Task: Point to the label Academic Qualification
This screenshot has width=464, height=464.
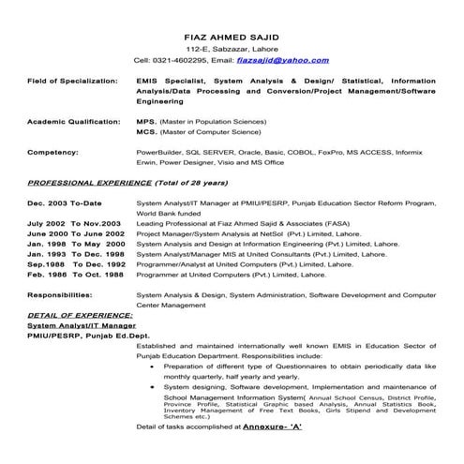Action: [x=68, y=122]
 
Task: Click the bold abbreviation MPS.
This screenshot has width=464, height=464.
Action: [x=146, y=122]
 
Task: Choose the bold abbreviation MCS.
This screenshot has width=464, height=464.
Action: [x=146, y=132]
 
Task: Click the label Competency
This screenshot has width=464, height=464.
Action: [x=52, y=150]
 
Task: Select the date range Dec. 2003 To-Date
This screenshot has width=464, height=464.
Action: [x=66, y=202]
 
